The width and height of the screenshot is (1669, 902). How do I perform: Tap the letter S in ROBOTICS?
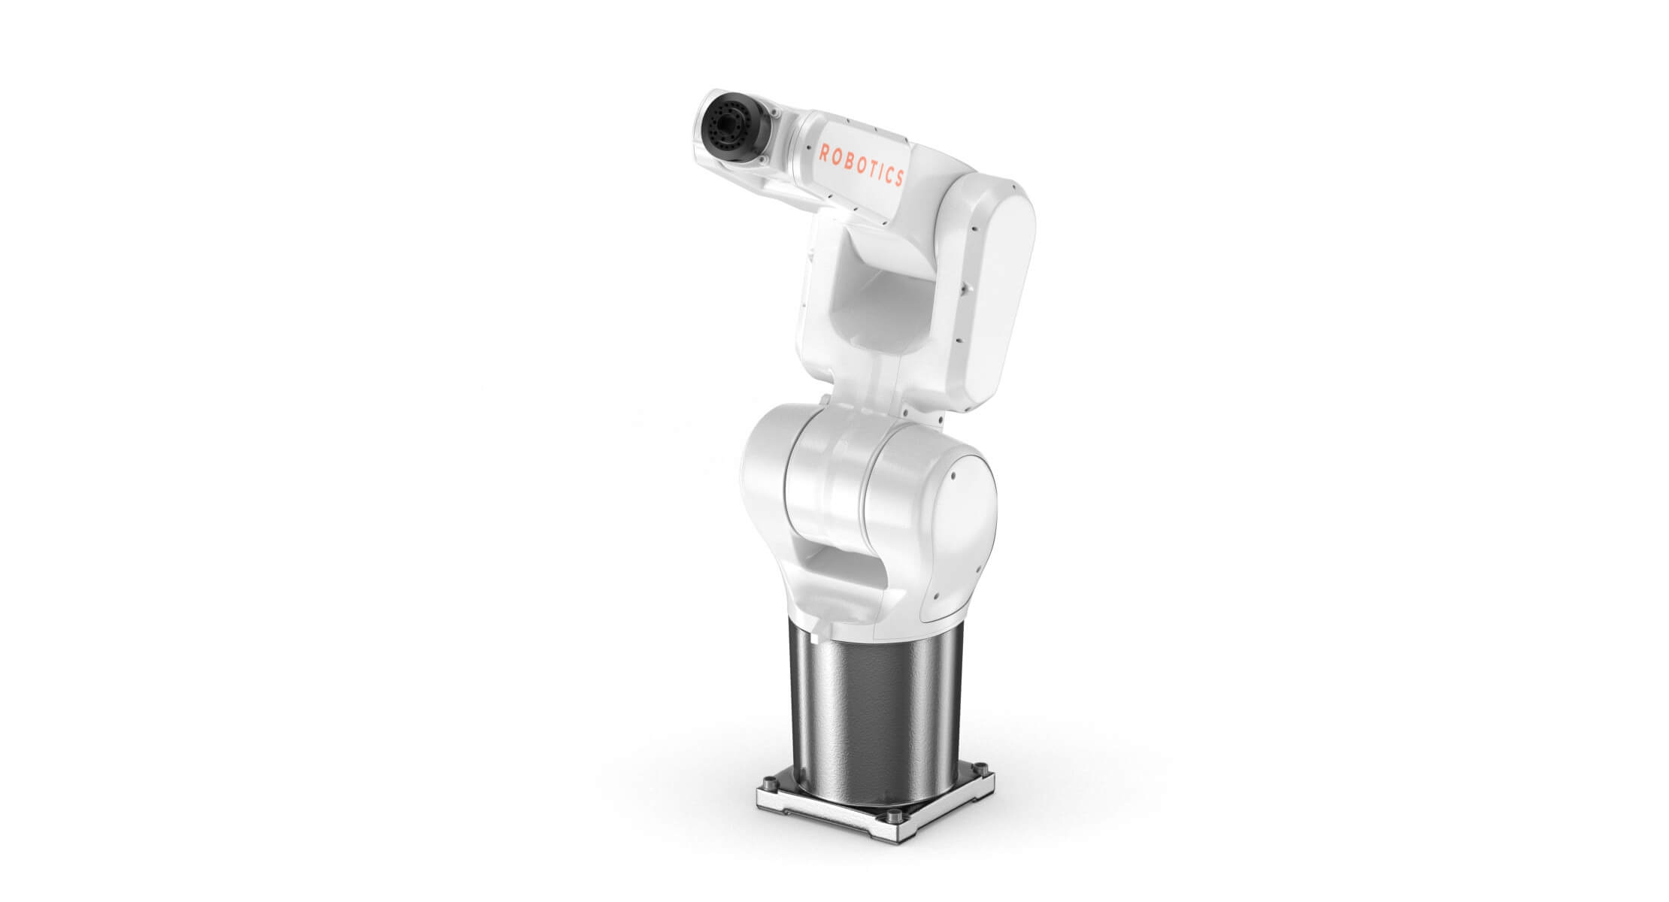pos(899,179)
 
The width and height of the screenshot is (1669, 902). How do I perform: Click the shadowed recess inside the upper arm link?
pos(872,301)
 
